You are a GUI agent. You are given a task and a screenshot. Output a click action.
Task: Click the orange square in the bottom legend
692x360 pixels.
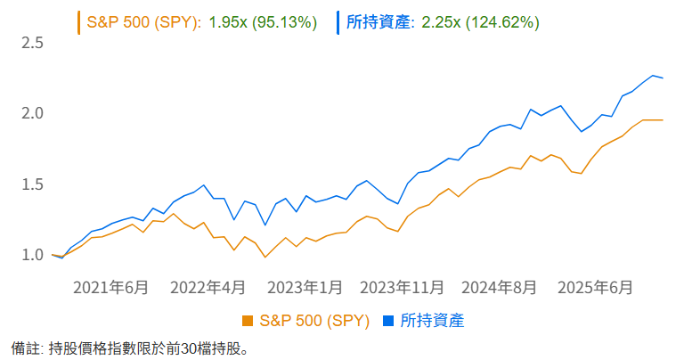click(248, 320)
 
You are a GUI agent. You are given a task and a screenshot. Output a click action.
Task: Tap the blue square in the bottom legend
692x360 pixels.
click(388, 320)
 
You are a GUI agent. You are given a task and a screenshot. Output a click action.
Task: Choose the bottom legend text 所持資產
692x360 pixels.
click(433, 320)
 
